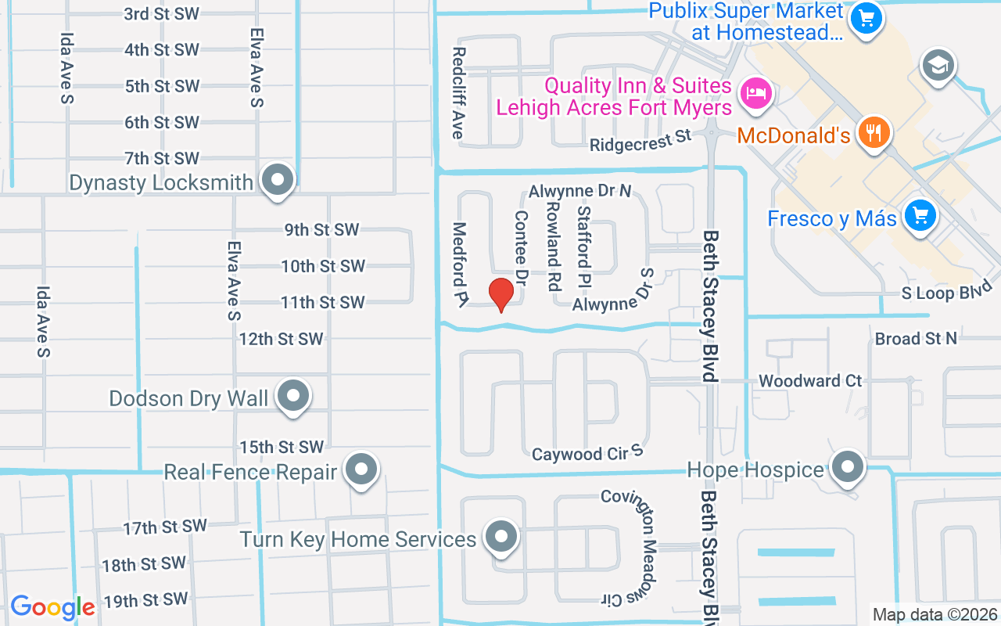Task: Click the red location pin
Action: tap(501, 294)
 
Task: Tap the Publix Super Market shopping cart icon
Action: tap(866, 17)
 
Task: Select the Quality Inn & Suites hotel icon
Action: tap(756, 94)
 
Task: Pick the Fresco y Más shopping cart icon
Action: tap(920, 215)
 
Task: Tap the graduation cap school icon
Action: tap(938, 64)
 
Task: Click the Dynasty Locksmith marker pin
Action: tap(276, 181)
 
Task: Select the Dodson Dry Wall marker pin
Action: tap(293, 396)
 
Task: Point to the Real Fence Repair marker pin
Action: tap(361, 469)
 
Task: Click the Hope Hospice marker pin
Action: tap(847, 467)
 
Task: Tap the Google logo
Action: tap(52, 607)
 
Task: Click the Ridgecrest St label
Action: tap(640, 141)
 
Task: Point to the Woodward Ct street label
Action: tap(810, 381)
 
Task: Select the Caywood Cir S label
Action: tap(587, 453)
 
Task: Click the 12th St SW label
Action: tap(281, 339)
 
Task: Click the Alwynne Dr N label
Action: tap(579, 191)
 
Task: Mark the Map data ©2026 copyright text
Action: tap(935, 615)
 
